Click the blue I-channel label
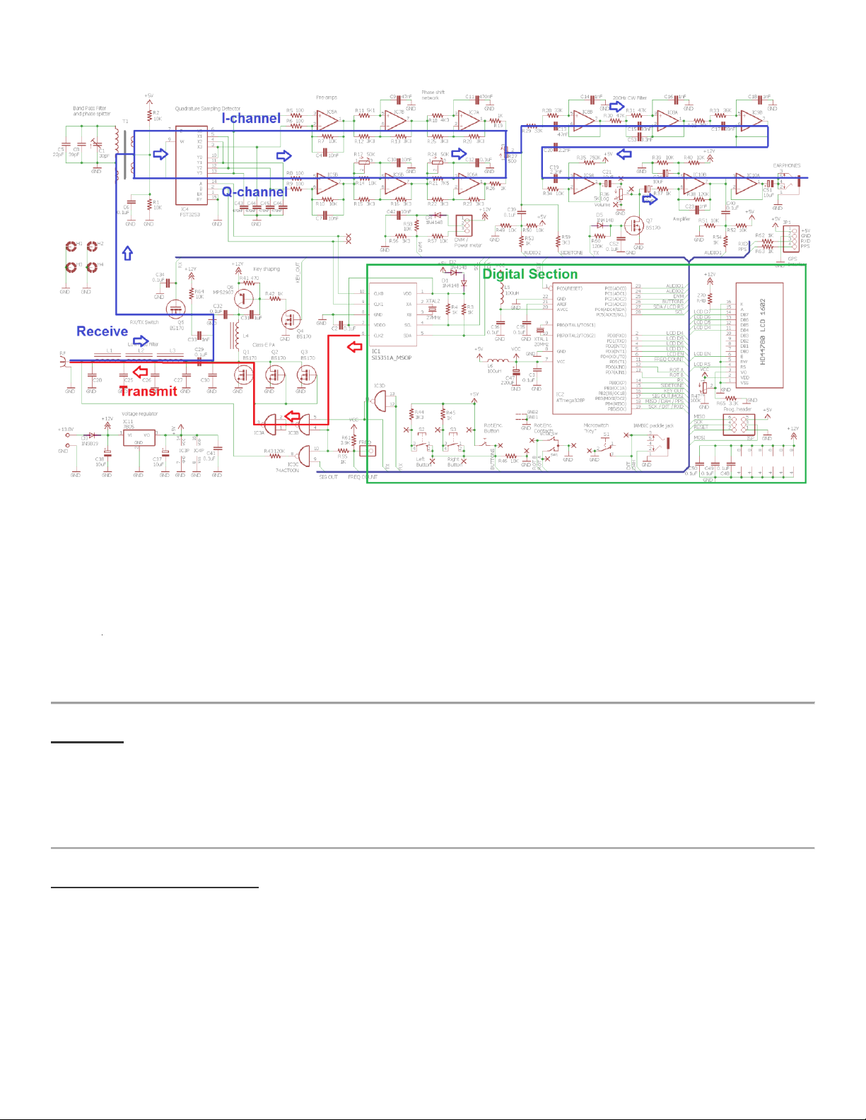point(251,118)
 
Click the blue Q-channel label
point(254,191)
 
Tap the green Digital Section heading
point(529,274)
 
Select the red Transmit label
point(148,391)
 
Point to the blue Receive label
point(103,331)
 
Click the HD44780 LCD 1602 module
point(759,335)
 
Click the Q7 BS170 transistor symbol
point(635,227)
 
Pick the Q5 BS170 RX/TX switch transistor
point(175,308)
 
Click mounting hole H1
point(71,247)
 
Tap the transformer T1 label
point(125,122)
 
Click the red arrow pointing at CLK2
point(354,346)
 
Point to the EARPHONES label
point(786,166)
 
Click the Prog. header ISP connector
point(739,424)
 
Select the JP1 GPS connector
point(792,238)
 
